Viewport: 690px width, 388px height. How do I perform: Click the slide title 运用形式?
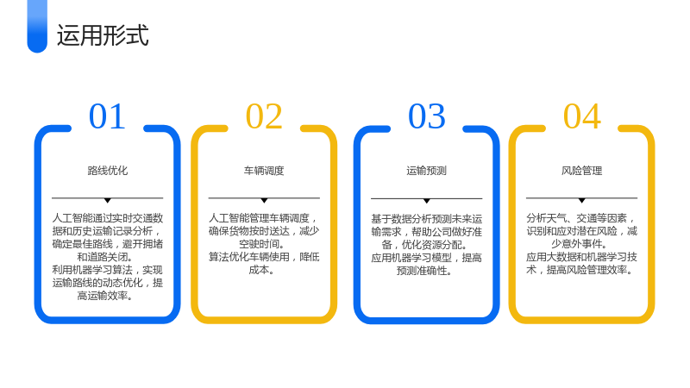click(x=103, y=35)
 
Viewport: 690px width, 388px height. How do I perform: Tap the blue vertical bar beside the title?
click(x=37, y=27)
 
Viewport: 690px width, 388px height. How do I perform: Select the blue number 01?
click(x=107, y=116)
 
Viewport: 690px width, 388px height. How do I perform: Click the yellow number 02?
click(x=264, y=116)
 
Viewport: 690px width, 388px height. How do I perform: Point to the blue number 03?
click(x=427, y=116)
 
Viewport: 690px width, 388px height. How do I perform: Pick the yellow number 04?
click(x=581, y=116)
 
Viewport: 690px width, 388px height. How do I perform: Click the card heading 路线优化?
click(x=107, y=171)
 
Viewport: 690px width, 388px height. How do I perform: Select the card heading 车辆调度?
click(x=264, y=171)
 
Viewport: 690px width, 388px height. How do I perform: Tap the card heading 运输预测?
click(x=426, y=171)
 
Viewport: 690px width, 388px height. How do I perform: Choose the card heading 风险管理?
click(x=581, y=171)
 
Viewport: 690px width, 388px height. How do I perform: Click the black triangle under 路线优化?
click(x=107, y=201)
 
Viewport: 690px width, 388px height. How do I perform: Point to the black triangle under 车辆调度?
click(x=264, y=201)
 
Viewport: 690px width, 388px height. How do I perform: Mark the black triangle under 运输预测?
click(x=426, y=201)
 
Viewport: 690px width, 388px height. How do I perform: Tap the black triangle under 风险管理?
click(x=581, y=201)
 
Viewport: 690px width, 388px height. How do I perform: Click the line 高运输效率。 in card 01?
click(x=105, y=296)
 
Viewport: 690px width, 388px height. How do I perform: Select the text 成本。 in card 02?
click(x=261, y=270)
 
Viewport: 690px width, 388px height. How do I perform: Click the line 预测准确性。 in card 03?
click(x=424, y=271)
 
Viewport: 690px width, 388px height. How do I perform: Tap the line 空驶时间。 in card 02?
click(x=262, y=244)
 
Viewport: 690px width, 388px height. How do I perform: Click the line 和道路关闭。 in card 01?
click(x=105, y=257)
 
